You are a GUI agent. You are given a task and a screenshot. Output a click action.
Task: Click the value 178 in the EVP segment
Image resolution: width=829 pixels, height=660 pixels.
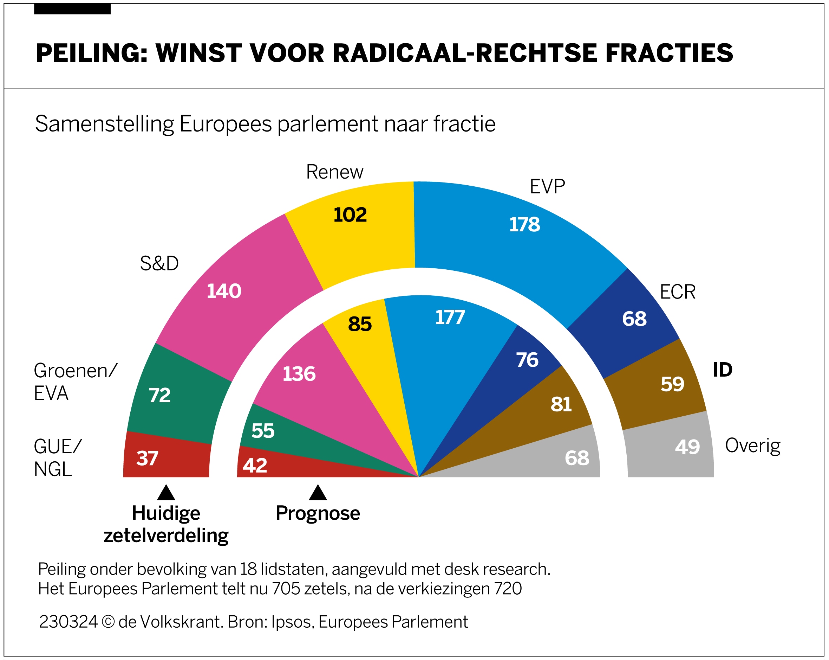click(524, 224)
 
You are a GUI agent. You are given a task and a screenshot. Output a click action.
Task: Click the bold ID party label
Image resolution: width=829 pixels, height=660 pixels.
click(723, 370)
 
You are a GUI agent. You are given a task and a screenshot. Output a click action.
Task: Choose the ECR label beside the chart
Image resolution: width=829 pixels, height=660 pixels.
click(678, 292)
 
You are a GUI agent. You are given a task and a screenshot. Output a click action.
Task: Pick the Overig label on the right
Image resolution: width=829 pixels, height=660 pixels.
click(752, 446)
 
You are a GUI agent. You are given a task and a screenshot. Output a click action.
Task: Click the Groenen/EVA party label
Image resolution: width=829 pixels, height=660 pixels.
click(75, 382)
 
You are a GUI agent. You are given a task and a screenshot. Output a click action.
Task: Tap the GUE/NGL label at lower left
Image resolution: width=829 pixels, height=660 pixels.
click(58, 457)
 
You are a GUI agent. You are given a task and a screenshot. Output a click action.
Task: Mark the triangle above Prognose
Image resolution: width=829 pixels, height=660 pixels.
click(318, 493)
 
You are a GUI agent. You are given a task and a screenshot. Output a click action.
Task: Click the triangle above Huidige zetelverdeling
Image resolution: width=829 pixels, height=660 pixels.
click(166, 493)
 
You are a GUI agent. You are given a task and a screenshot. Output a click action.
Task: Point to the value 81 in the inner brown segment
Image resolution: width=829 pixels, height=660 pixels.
click(561, 404)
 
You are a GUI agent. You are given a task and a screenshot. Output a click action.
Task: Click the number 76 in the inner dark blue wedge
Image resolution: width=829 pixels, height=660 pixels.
click(527, 360)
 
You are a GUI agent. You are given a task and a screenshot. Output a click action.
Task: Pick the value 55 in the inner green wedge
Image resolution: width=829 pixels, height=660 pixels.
click(263, 431)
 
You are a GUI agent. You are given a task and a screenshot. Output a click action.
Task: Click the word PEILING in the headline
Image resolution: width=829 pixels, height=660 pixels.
click(91, 53)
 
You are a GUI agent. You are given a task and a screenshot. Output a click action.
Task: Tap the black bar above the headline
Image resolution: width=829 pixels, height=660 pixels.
click(72, 9)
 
